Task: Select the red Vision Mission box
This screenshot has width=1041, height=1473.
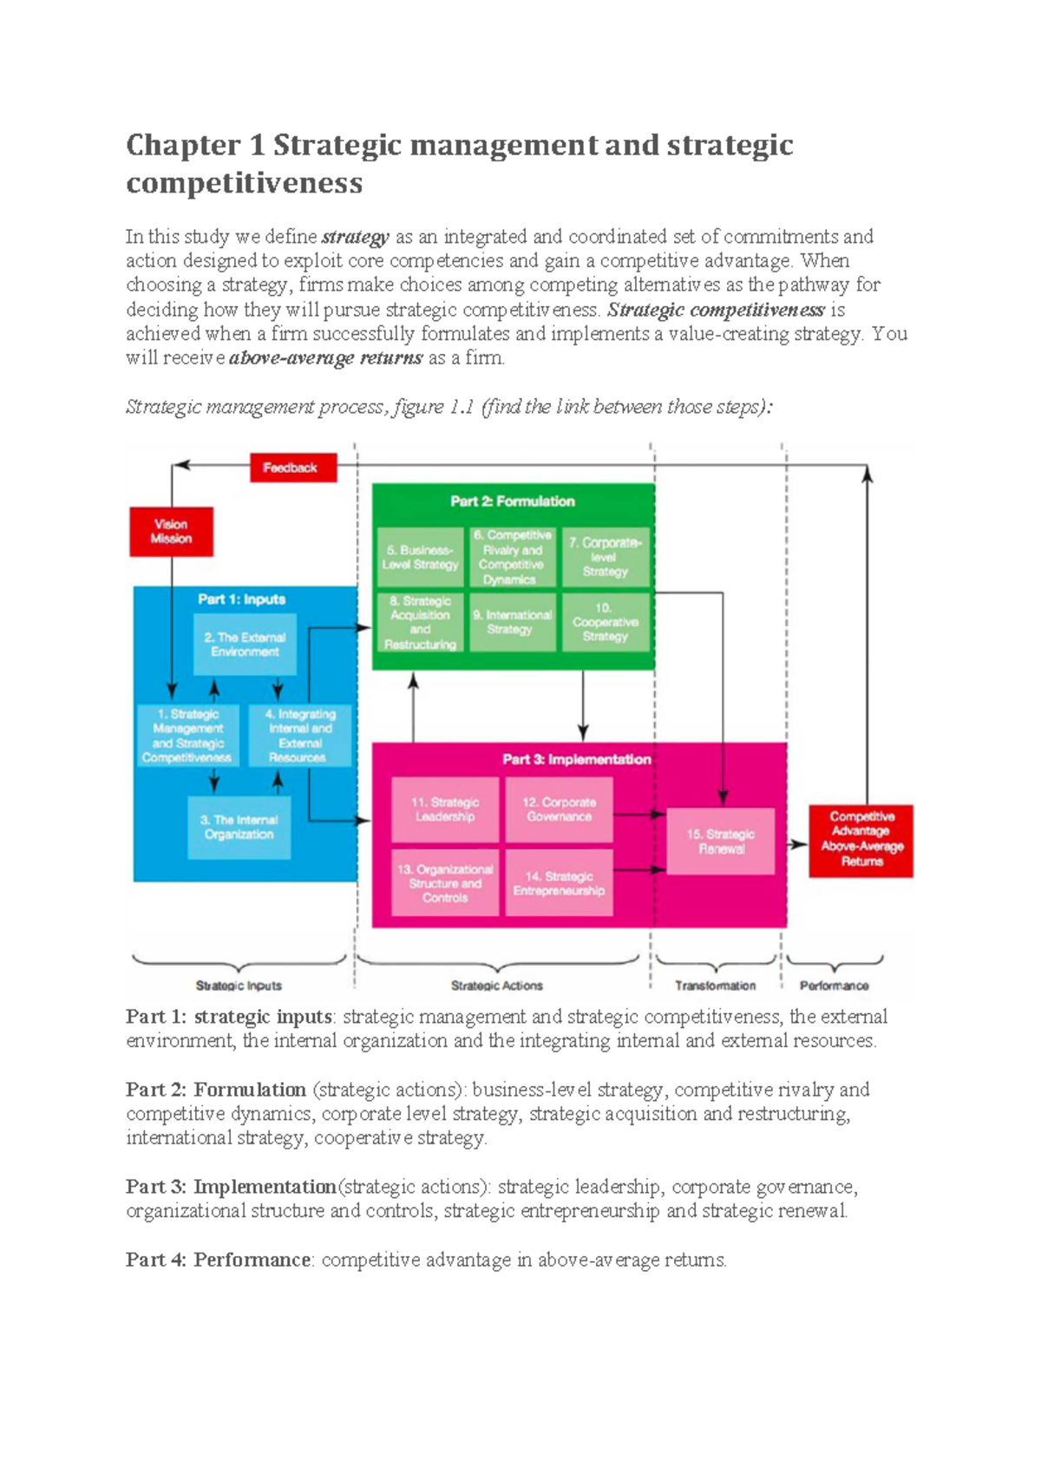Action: point(171,532)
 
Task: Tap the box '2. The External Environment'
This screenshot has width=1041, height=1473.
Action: point(245,645)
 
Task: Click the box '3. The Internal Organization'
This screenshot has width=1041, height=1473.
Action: point(239,828)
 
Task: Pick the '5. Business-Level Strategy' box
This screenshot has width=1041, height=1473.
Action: point(421,558)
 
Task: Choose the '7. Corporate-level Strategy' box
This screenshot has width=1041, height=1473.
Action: point(605,558)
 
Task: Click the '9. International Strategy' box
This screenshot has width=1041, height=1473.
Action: point(513,622)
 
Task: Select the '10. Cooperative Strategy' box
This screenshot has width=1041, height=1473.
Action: point(605,622)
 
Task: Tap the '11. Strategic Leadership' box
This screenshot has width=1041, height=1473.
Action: point(445,809)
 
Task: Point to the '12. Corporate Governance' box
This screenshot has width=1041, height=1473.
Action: point(559,809)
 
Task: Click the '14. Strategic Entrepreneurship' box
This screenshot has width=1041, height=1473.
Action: point(559,883)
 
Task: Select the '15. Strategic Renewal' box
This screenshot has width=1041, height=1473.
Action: point(721,841)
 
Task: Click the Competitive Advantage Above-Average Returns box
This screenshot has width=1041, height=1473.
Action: point(861,840)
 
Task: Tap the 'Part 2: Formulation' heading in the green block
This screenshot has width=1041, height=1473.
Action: point(512,501)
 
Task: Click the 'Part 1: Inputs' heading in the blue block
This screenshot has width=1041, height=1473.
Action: point(241,599)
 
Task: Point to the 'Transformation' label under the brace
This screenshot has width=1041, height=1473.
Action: point(715,985)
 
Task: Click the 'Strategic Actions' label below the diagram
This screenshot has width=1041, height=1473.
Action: point(496,985)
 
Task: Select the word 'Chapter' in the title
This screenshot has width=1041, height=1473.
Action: point(183,145)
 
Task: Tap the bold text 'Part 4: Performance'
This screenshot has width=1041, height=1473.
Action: point(218,1260)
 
